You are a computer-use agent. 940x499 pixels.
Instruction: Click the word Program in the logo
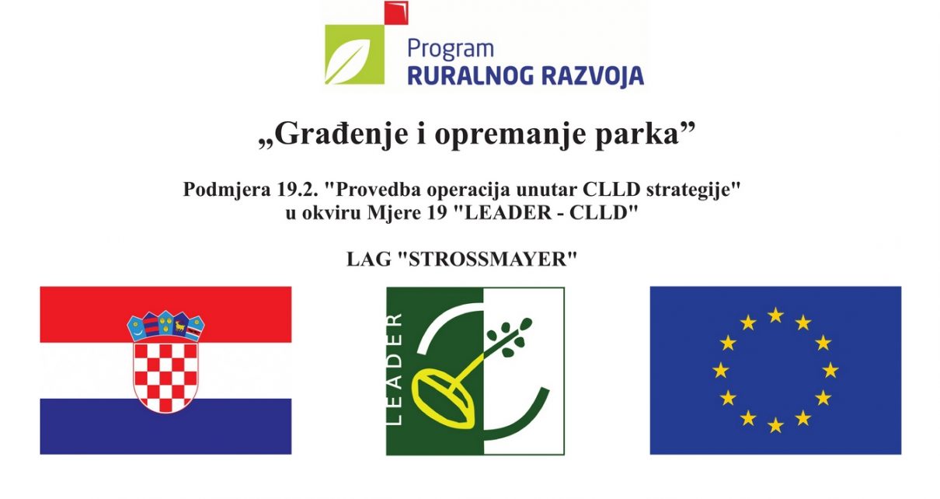click(x=451, y=50)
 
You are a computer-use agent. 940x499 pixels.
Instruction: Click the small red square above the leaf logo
click(x=396, y=12)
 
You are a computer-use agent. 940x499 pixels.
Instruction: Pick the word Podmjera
click(x=227, y=190)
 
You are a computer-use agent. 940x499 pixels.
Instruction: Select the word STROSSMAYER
click(x=487, y=259)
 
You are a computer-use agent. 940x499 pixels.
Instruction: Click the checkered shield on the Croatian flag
click(x=165, y=377)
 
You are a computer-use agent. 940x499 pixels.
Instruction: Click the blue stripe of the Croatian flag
click(x=165, y=426)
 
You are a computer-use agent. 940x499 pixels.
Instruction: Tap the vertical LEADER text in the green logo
click(x=395, y=370)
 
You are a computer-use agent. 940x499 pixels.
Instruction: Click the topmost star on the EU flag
click(x=775, y=315)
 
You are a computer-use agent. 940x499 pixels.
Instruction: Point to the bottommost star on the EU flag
click(x=775, y=425)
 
